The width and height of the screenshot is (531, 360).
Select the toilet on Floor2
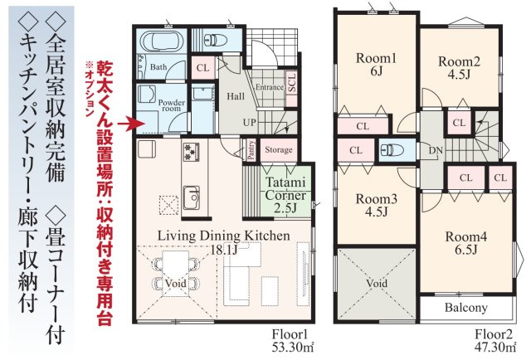point(394,151)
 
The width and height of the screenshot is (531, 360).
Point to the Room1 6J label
point(376,66)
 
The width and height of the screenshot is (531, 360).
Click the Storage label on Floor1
point(279,150)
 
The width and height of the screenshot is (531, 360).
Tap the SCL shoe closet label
point(291,82)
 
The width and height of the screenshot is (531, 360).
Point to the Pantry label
point(251,150)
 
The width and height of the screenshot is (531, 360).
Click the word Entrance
point(269,86)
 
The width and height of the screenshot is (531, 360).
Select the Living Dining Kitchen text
point(224,236)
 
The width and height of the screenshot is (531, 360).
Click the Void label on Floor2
point(376,283)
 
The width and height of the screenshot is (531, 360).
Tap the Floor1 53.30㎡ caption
point(290,341)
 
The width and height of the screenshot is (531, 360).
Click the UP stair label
point(249,122)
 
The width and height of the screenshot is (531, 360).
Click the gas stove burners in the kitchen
point(192,152)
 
